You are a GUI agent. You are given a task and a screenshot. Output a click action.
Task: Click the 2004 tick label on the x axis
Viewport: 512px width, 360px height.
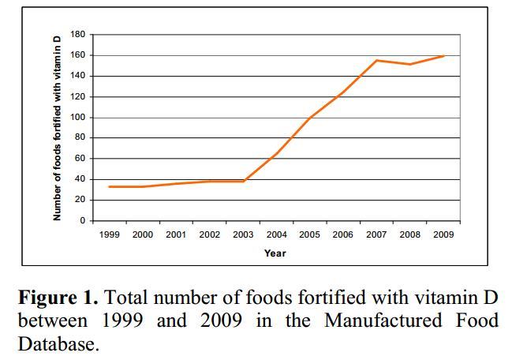pyautogui.click(x=276, y=234)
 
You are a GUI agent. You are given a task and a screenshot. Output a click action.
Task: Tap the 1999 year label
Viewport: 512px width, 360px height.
pyautogui.click(x=109, y=234)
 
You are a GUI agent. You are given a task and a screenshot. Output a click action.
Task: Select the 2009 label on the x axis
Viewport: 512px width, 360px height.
pyautogui.click(x=443, y=234)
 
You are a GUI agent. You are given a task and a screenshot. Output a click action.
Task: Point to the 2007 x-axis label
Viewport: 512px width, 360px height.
pyautogui.click(x=376, y=234)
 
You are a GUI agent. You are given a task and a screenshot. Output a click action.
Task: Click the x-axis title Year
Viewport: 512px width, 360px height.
pyautogui.click(x=275, y=253)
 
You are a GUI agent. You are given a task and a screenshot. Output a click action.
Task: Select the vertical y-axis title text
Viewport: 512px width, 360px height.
pyautogui.click(x=57, y=128)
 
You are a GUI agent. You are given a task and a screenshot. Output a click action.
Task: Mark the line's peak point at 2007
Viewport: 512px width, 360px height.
pyautogui.click(x=376, y=61)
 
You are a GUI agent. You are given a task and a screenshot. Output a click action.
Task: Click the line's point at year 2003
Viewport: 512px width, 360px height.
pyautogui.click(x=243, y=181)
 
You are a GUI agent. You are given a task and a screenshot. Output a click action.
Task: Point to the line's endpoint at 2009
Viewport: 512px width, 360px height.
pyautogui.click(x=443, y=56)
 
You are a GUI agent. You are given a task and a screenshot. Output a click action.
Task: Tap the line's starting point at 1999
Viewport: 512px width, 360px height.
pyautogui.click(x=109, y=186)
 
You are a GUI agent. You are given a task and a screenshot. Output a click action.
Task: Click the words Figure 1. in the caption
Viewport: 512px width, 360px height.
pyautogui.click(x=58, y=298)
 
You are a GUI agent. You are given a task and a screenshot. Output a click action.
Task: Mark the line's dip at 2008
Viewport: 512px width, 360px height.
pyautogui.click(x=410, y=64)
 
